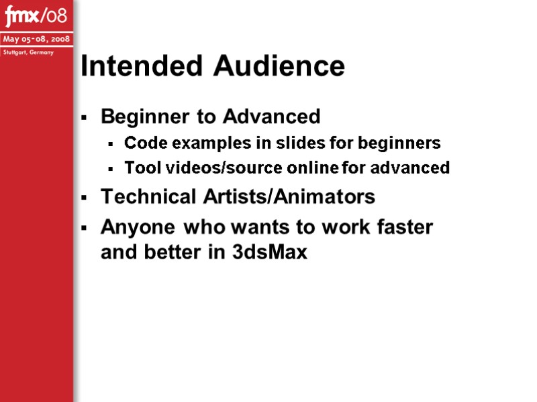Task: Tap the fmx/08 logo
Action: click(36, 15)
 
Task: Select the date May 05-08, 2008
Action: click(36, 39)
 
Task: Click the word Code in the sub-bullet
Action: click(140, 143)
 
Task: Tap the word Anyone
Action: click(137, 227)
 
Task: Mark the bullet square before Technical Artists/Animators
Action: click(84, 198)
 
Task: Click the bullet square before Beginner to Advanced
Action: click(84, 118)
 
